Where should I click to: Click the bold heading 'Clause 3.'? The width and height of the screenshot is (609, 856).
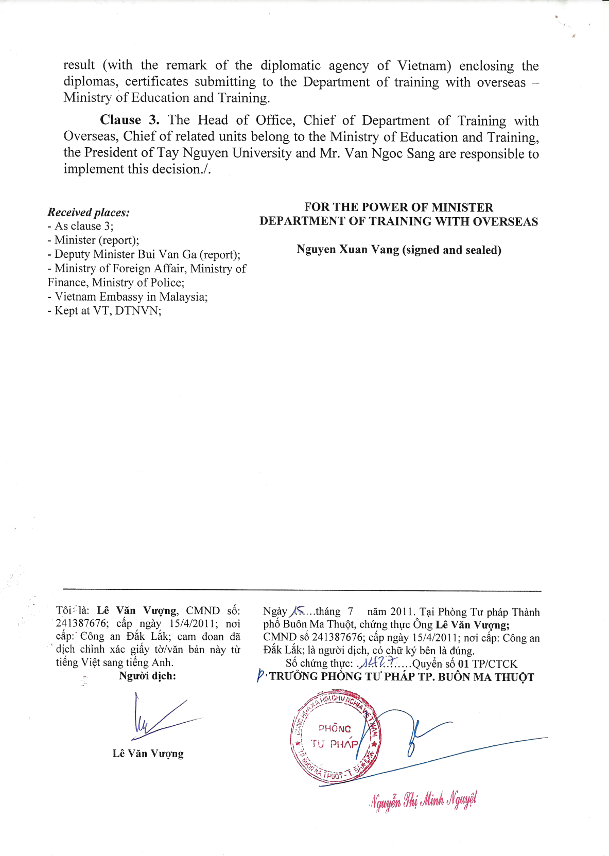coord(129,120)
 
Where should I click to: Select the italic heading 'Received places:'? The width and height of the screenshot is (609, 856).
coord(89,212)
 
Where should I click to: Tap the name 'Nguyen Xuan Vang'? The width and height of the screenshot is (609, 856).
coord(347,250)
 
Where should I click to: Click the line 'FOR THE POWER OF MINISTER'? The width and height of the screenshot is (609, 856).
coord(398,207)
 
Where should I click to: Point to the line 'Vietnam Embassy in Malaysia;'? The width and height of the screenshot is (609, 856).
coord(131,296)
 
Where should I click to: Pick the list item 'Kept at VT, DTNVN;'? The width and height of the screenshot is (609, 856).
coord(108,310)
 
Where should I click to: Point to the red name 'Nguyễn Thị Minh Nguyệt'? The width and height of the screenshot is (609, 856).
coord(423,800)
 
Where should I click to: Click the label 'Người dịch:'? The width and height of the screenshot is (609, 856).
coord(147,676)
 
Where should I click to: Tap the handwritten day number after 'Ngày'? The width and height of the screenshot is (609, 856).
coord(297,611)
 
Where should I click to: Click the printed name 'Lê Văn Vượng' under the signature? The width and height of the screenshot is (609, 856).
coord(148,754)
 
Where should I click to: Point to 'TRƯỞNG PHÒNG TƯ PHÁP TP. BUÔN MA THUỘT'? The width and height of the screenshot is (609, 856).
coord(402,677)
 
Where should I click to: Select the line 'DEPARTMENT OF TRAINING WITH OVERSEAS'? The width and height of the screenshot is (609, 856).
coord(398,221)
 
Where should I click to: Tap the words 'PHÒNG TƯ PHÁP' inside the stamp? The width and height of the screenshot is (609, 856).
coord(335,736)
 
